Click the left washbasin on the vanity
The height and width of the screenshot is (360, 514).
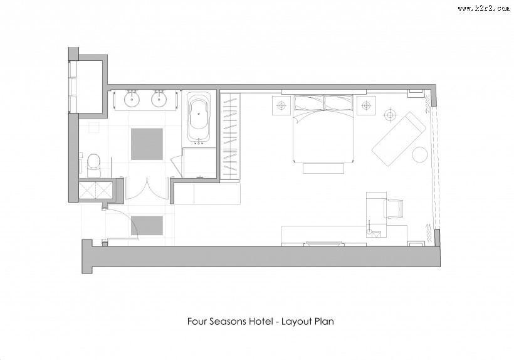pos(132,99)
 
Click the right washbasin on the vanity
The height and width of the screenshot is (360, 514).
pos(160,99)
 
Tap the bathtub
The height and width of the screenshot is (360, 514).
pos(199,119)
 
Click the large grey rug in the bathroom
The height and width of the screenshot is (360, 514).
pos(147,144)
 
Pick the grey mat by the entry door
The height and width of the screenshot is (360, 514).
pos(147,225)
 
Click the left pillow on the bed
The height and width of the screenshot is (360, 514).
pos(309,103)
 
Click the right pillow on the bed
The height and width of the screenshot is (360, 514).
pos(338,103)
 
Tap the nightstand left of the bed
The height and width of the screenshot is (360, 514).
pos(281,105)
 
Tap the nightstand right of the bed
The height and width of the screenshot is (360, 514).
pos(366,105)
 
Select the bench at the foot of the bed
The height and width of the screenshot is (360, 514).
pos(323,168)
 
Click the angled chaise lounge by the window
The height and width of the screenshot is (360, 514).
pos(398,139)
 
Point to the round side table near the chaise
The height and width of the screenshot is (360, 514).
pos(419,154)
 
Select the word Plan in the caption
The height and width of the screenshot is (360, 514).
pos(324,321)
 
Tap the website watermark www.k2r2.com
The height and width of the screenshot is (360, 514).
pos(484,9)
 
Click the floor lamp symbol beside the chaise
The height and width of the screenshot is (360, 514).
pos(390,115)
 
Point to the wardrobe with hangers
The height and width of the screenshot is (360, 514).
pos(230,135)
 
